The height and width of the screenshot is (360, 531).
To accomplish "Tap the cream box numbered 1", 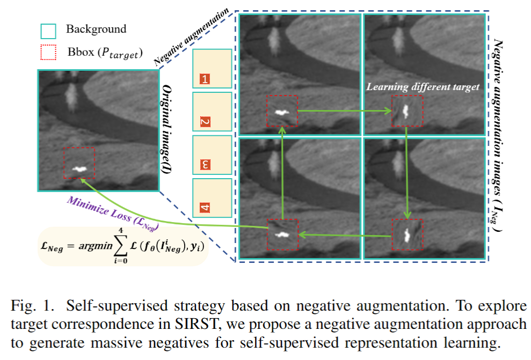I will pyautogui.click(x=212, y=69).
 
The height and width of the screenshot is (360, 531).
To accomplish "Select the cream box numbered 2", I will pyautogui.click(x=212, y=112).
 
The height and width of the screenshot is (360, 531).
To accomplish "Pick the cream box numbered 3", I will pyautogui.click(x=212, y=155).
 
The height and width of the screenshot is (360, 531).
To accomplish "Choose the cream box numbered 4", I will pyautogui.click(x=212, y=197).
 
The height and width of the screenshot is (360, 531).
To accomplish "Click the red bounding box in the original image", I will pyautogui.click(x=79, y=164).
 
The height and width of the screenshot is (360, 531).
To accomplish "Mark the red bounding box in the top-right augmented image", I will pyautogui.click(x=407, y=111).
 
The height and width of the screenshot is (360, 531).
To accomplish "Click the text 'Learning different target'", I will pyautogui.click(x=423, y=87).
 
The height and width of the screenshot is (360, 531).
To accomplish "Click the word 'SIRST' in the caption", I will pyautogui.click(x=197, y=325).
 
